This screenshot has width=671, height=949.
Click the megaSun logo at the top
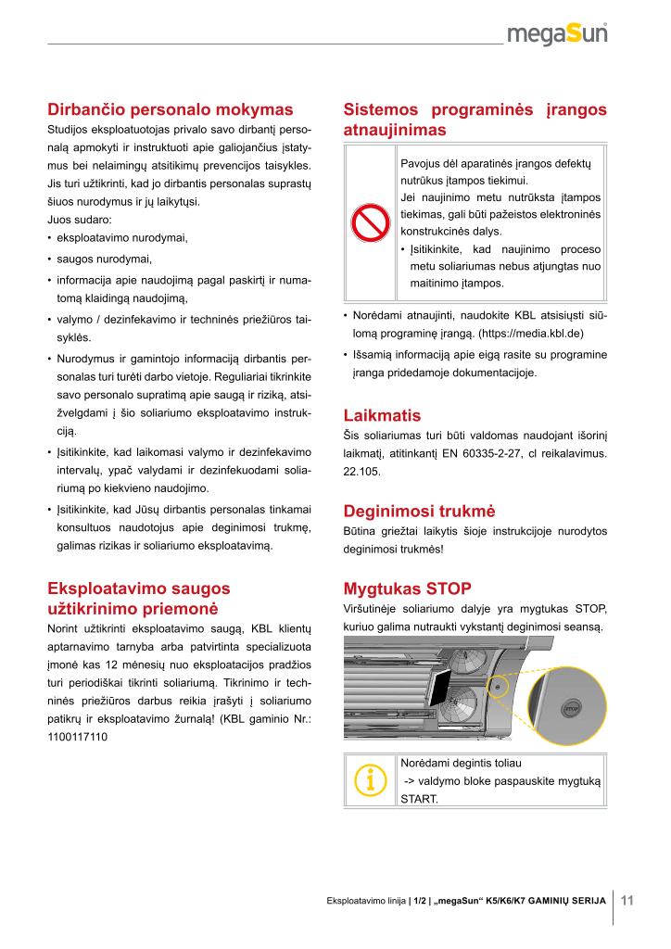coord(562,34)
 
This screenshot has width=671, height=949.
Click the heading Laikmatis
coord(382,415)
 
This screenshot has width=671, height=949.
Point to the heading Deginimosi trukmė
coord(420,511)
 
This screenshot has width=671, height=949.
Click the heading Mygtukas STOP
coord(407,588)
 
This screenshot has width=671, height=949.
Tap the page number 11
coord(627,900)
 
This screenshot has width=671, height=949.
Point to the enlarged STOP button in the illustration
coord(570,707)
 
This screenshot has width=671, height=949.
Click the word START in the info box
coord(417,799)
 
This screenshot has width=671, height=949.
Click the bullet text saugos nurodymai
coord(104,259)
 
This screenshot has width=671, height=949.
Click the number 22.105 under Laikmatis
coord(361,471)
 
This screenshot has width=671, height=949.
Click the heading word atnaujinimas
coord(395,130)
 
